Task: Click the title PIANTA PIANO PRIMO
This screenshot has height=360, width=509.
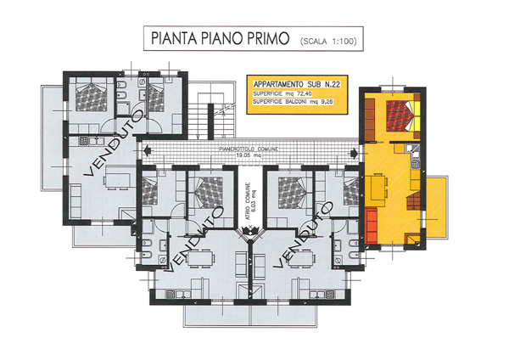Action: (220, 38)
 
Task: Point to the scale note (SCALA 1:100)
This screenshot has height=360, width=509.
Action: (328, 42)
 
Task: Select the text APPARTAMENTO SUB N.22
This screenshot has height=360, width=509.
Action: (296, 84)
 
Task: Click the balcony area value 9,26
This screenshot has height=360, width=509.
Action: (326, 102)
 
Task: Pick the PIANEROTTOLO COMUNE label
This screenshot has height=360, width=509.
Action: (249, 149)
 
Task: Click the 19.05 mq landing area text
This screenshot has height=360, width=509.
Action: (249, 155)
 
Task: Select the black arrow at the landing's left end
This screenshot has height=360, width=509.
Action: (147, 151)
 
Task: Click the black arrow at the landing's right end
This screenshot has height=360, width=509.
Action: (354, 152)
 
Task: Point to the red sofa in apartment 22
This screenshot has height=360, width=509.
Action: (371, 226)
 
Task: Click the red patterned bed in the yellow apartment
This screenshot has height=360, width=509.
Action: (400, 115)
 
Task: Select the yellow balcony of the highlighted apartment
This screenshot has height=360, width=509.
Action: (436, 208)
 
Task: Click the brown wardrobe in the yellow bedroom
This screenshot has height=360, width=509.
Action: (370, 120)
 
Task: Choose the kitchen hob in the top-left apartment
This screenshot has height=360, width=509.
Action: (84, 141)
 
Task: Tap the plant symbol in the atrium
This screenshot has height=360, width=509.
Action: (249, 231)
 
